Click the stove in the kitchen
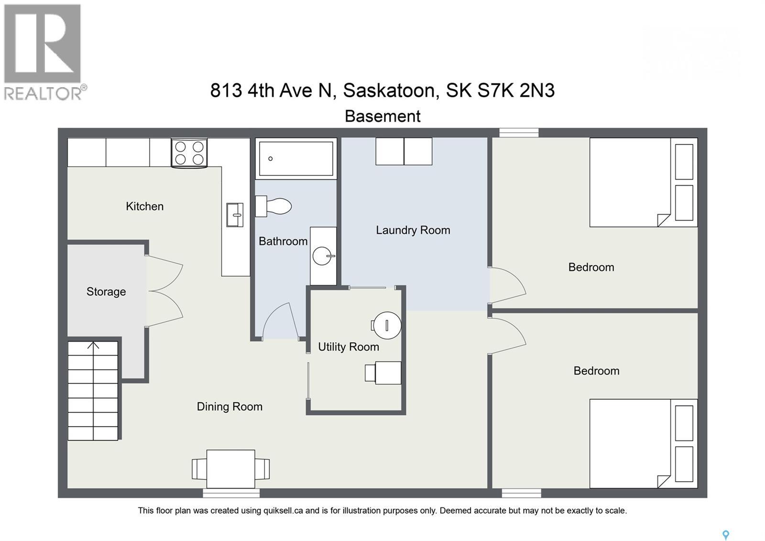point(189,153)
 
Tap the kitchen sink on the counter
point(234,215)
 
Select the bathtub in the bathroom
point(296,158)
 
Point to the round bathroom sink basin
point(321,256)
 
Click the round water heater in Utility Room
point(387,326)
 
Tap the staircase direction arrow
point(93,346)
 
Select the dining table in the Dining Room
point(230,469)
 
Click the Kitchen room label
point(144,206)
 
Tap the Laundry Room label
point(413,230)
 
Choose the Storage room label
point(106,292)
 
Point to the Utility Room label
point(349,347)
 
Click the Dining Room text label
point(229,406)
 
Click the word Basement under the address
point(382,116)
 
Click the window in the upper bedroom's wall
point(519,133)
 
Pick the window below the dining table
point(231,493)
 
